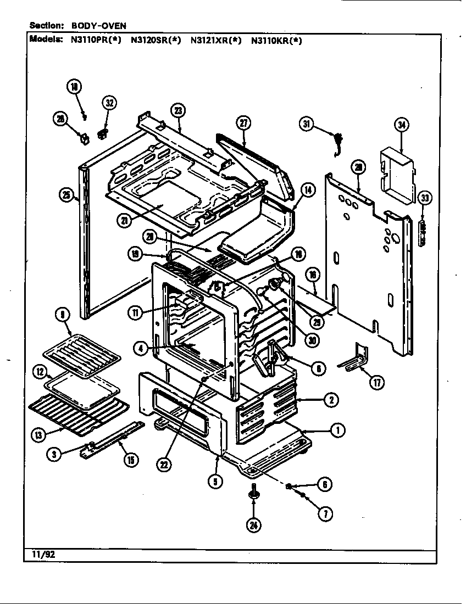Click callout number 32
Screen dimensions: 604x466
point(109,103)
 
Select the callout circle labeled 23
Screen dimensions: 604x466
point(177,110)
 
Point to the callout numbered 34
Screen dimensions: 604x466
point(403,125)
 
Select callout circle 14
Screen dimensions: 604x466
point(308,191)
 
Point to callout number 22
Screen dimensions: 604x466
point(163,464)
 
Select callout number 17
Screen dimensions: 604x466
point(376,383)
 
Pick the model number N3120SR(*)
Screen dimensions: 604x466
point(156,40)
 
